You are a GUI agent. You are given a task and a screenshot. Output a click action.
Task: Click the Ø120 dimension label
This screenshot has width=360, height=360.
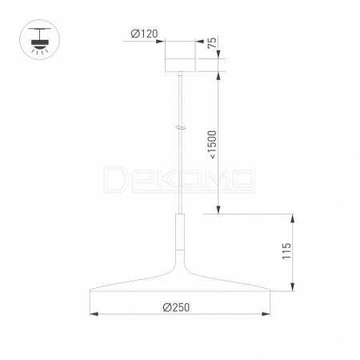click(x=144, y=34)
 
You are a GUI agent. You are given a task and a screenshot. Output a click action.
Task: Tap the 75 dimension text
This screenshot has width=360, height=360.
click(x=212, y=42)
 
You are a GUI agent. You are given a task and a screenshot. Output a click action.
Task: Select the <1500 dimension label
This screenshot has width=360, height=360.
click(x=213, y=145)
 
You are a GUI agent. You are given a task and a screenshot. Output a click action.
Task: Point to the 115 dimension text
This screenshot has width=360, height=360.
click(x=286, y=250)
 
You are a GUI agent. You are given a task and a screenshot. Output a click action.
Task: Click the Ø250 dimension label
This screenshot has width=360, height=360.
click(x=176, y=307)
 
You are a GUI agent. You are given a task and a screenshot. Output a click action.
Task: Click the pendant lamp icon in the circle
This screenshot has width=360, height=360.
click(x=40, y=40)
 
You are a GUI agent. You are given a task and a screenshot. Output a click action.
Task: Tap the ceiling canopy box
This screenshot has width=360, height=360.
click(x=181, y=56)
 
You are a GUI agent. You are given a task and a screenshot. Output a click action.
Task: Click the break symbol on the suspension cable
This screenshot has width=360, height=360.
click(x=181, y=128)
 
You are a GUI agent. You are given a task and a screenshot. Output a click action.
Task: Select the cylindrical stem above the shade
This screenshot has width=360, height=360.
click(x=181, y=231)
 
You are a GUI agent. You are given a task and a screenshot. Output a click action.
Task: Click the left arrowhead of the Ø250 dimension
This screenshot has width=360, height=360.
click(x=94, y=314)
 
